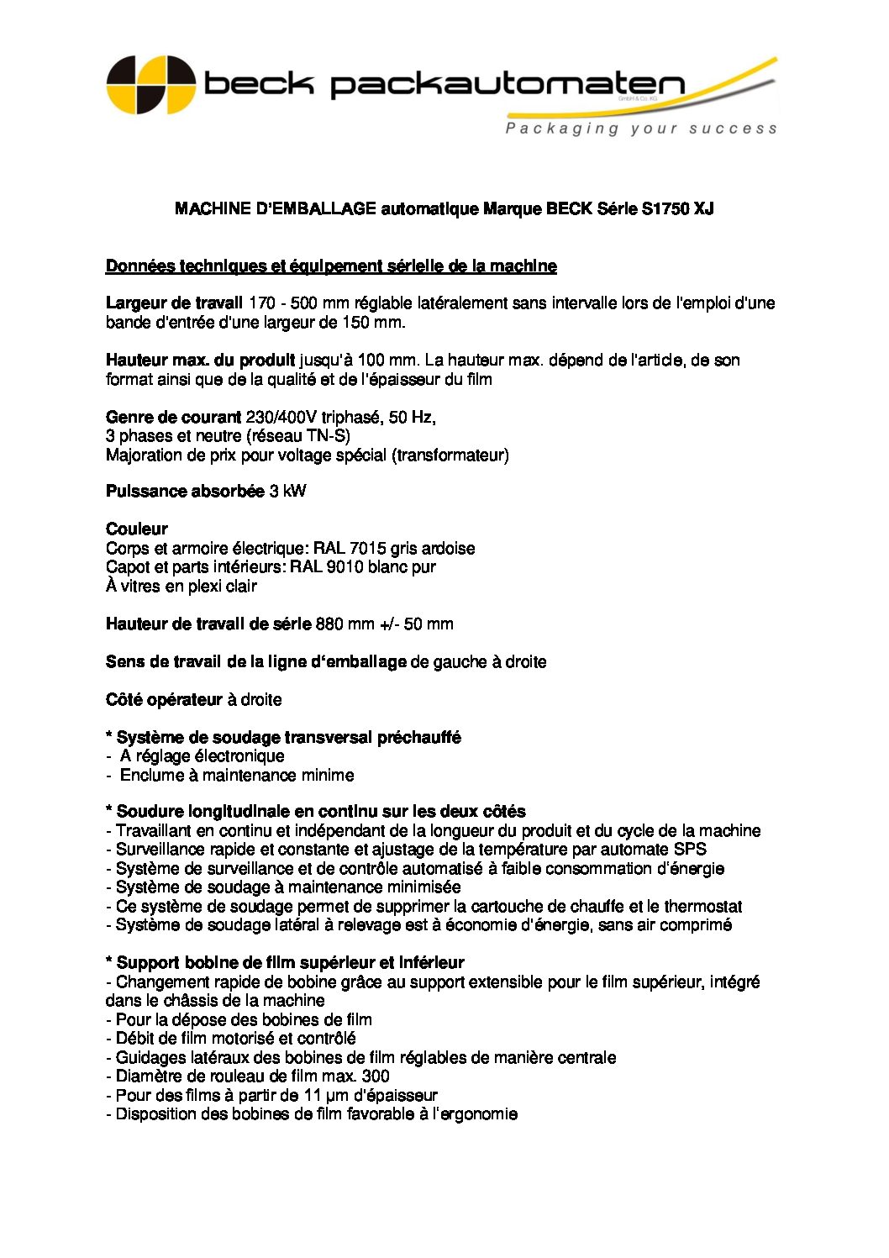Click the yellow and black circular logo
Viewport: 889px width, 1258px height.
151,85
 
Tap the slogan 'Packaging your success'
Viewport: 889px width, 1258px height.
640,129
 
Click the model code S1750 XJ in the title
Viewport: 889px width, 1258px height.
677,208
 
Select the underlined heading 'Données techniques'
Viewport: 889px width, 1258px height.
331,266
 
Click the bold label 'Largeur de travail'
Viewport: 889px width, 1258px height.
174,303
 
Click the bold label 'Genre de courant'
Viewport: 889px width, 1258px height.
173,417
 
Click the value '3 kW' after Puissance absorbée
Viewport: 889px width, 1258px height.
288,491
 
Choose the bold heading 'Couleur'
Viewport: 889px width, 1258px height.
137,529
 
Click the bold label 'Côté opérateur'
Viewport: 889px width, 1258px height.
164,699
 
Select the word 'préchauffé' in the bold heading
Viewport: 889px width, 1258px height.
418,737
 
